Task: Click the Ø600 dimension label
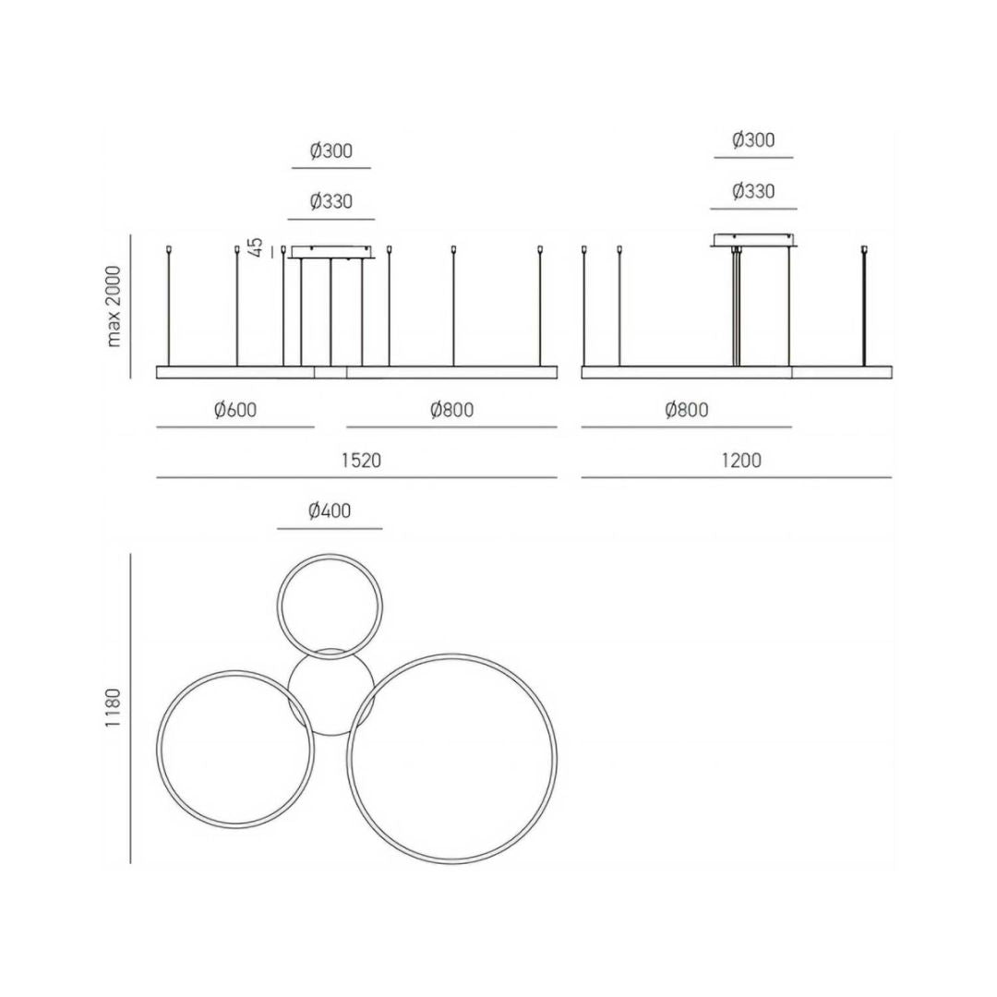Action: point(235,410)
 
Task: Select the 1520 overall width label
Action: point(361,460)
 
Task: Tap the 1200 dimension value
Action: point(741,460)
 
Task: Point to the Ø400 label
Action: point(330,511)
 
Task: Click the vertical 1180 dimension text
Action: point(114,708)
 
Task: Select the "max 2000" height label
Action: point(114,306)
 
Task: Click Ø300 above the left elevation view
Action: point(331,150)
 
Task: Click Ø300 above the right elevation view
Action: point(753,140)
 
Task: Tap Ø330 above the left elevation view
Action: point(331,201)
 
